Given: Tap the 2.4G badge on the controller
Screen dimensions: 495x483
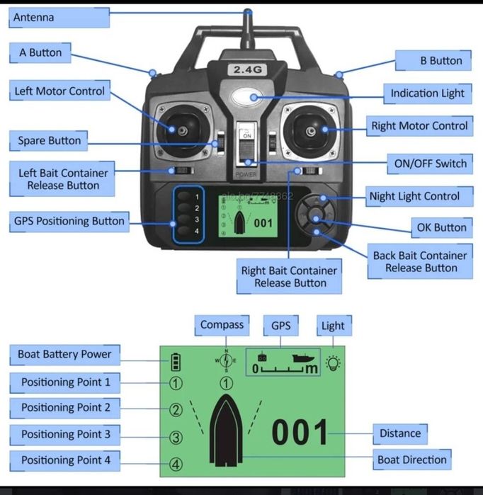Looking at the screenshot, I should [x=248, y=69].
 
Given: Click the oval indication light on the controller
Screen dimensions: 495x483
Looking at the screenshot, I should [x=249, y=97].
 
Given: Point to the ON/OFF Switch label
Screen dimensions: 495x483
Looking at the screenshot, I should [x=431, y=164].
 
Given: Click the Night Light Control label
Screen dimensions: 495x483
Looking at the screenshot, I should [x=414, y=196].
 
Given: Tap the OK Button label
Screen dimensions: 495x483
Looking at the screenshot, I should [x=441, y=227].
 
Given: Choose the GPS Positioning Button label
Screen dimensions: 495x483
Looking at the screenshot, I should [x=69, y=221].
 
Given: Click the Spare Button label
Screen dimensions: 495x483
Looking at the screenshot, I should [x=49, y=141].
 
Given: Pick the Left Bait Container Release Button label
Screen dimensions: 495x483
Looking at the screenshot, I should [x=63, y=179].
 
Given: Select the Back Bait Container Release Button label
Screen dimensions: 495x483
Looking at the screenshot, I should [x=421, y=261].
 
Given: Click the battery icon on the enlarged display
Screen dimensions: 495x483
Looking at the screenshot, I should [x=176, y=363].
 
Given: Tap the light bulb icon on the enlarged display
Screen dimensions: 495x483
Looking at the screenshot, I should [x=333, y=363].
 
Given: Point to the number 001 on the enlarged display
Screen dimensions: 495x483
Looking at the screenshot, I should [x=300, y=433].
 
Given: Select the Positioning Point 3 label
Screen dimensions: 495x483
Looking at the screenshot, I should [x=65, y=434].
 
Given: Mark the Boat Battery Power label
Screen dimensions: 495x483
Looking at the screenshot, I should [x=64, y=354].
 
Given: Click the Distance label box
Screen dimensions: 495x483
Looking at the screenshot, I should [x=399, y=433].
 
